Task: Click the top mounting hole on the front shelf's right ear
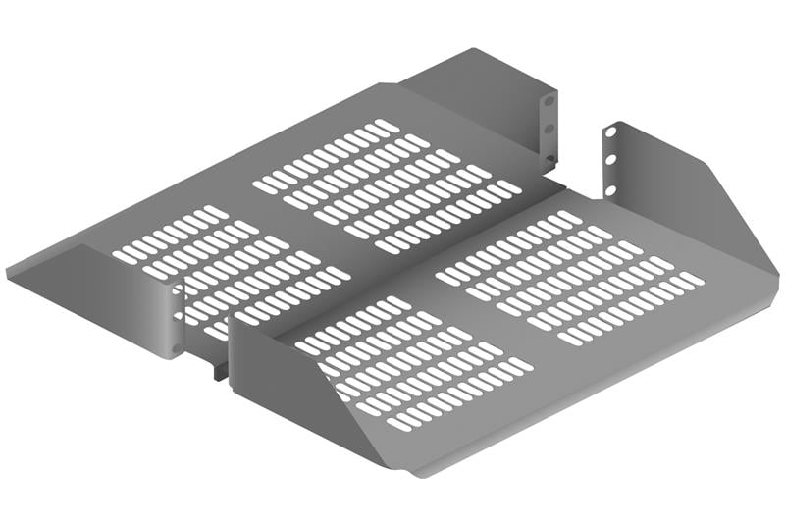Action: click(x=610, y=132)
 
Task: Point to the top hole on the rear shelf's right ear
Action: click(x=549, y=101)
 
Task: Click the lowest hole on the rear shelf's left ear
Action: click(x=178, y=346)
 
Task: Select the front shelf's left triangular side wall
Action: click(x=294, y=393)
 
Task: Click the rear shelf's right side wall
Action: click(x=481, y=98)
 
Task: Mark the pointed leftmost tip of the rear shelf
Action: click(x=8, y=267)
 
